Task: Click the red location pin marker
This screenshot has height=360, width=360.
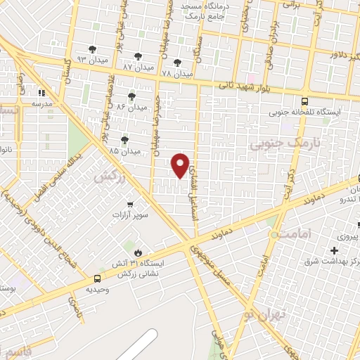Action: [x=181, y=165]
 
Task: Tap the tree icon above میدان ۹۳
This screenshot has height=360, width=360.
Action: [x=92, y=49]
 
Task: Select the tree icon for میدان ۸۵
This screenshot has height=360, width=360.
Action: [x=125, y=140]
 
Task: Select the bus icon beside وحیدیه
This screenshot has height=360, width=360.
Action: [x=96, y=278]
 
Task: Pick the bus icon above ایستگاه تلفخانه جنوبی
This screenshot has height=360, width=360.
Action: [x=304, y=101]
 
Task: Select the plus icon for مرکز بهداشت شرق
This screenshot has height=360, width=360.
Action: [x=334, y=250]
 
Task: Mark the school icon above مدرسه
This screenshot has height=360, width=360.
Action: [x=41, y=92]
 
